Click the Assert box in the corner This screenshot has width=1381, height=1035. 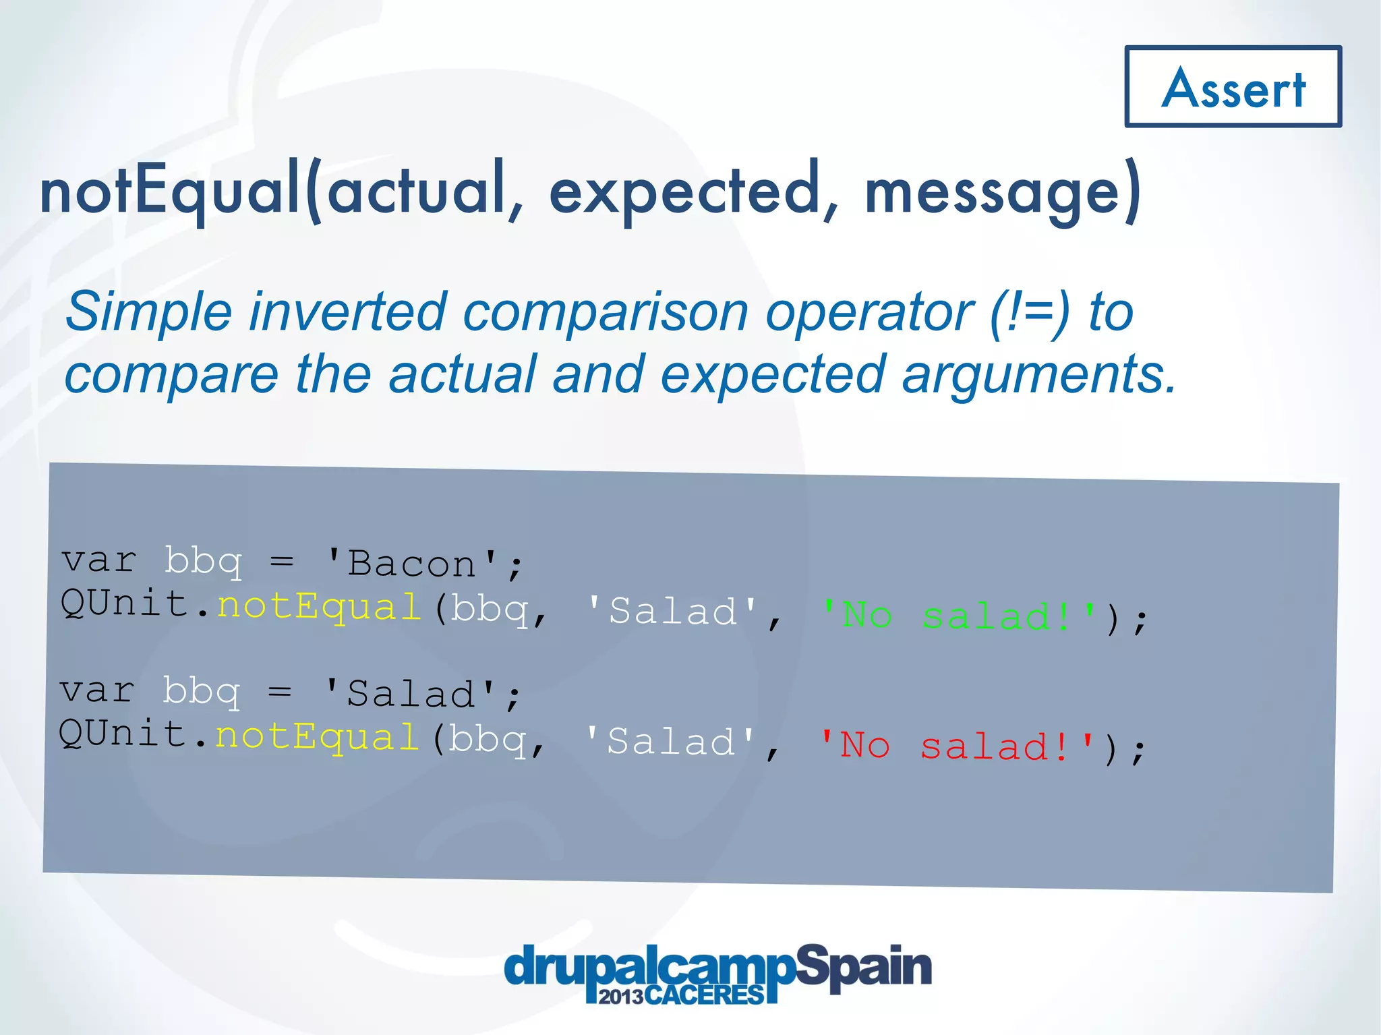[1233, 87]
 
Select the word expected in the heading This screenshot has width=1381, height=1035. [684, 191]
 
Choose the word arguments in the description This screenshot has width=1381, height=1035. [1038, 375]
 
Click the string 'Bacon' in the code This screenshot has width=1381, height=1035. [411, 564]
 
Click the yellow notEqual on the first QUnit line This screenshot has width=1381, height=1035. [319, 606]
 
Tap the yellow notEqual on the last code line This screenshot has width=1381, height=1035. [317, 736]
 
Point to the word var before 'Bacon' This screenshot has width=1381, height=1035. [99, 560]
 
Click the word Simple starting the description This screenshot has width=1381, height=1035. [148, 312]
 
